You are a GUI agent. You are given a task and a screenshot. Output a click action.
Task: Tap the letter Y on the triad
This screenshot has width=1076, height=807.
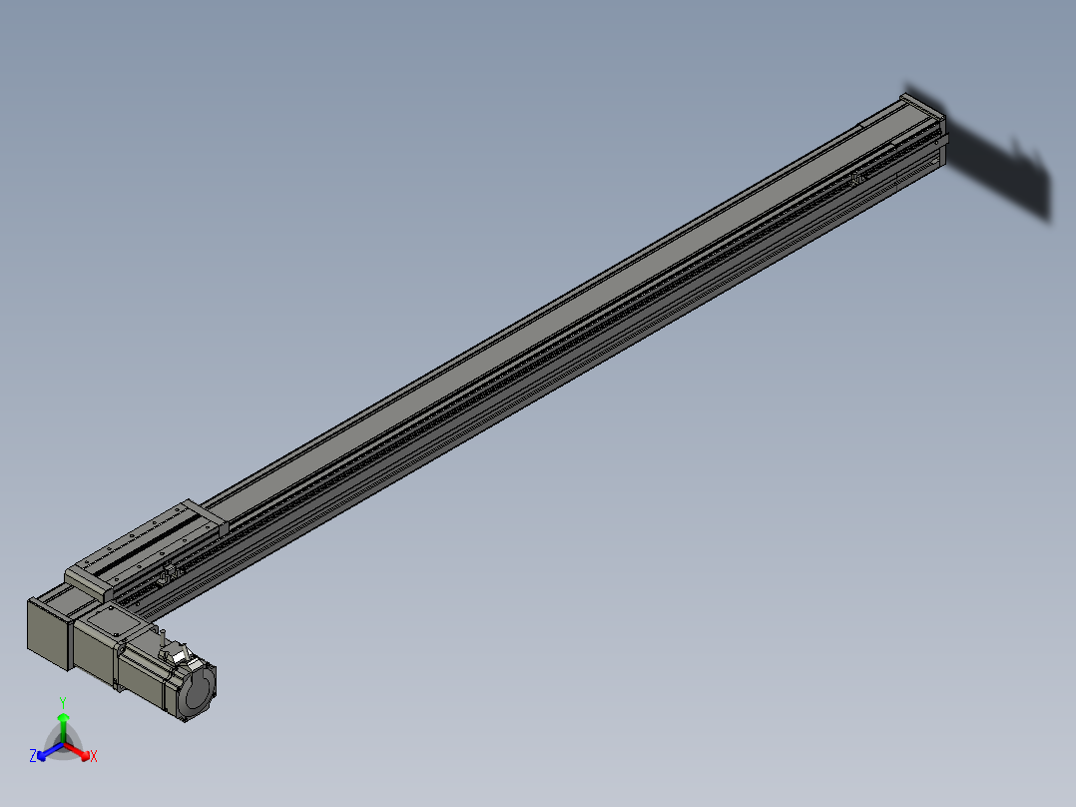[x=63, y=702]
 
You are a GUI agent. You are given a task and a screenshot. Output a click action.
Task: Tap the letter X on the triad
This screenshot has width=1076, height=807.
[x=94, y=757]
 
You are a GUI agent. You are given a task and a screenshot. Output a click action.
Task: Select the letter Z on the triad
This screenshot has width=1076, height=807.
[x=33, y=757]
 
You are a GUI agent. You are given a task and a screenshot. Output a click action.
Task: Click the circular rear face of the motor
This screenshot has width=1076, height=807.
[x=200, y=690]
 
